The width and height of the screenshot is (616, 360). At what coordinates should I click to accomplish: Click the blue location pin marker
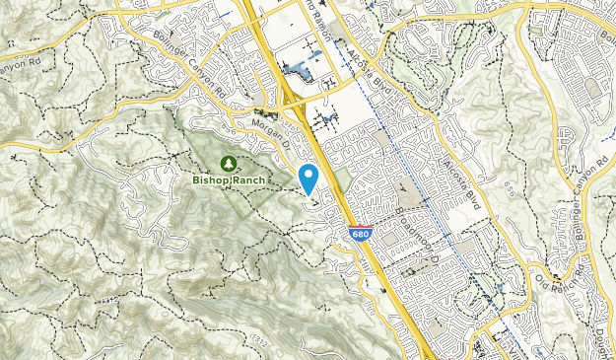click(308, 179)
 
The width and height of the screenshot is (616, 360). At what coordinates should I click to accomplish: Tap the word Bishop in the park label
click(211, 180)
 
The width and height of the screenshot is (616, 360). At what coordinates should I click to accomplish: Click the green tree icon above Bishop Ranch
click(228, 162)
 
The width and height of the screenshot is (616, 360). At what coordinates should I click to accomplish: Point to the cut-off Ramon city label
click(317, 12)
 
